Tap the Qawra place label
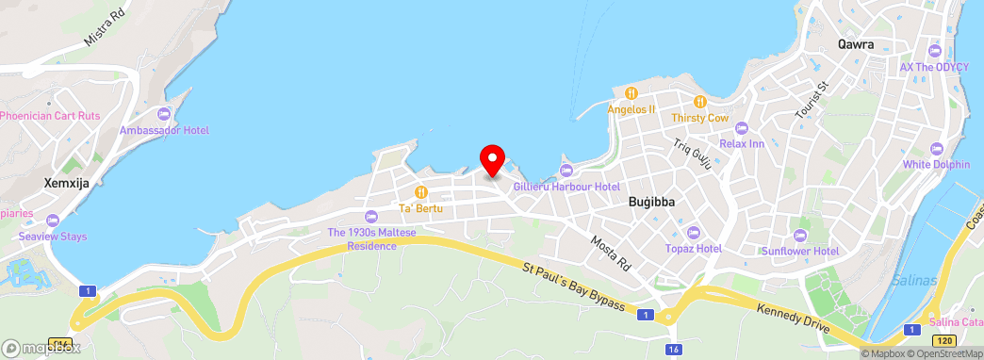pyautogui.click(x=855, y=43)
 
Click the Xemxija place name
pyautogui.click(x=66, y=183)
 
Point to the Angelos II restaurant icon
pyautogui.click(x=631, y=93)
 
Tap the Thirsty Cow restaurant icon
pyautogui.click(x=699, y=102)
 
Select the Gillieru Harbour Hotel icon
pyautogui.click(x=566, y=170)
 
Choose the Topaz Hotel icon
pyautogui.click(x=693, y=232)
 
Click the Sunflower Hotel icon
pyautogui.click(x=800, y=235)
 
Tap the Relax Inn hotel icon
pyautogui.click(x=741, y=127)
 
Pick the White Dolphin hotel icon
pyautogui.click(x=936, y=148)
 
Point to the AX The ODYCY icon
pyautogui.click(x=934, y=51)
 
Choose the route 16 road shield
pyautogui.click(x=672, y=350)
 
